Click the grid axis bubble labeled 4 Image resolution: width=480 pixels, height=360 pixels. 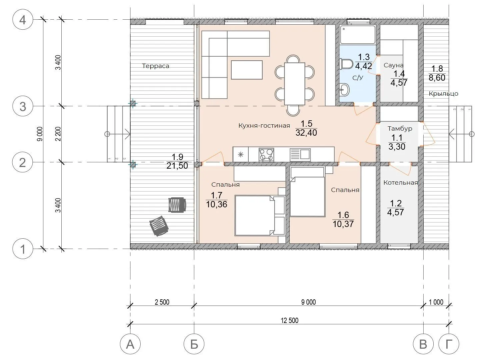coord(23,20)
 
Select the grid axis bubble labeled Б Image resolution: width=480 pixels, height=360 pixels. coord(194,344)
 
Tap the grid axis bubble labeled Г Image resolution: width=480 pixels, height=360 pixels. coord(449,344)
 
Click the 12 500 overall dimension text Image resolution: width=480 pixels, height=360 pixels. coord(290,320)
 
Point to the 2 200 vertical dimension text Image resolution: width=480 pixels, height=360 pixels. coord(58,134)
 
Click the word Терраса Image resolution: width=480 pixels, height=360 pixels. coord(155,66)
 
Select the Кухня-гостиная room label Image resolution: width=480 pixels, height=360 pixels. coord(264,126)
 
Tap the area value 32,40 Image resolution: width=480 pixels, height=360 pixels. coord(306,133)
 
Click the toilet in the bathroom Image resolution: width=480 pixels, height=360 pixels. coord(346,64)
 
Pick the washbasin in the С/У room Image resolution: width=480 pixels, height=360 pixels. coord(345,90)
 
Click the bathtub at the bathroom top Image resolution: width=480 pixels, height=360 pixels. coord(358,34)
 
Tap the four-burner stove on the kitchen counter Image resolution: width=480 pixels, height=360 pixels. coord(266,155)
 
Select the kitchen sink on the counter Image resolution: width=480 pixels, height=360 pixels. coord(300,155)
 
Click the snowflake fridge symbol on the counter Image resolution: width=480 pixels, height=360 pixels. coord(241,155)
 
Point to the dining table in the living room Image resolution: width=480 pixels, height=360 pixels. coord(295,84)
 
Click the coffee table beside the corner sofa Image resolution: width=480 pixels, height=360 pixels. coord(247,70)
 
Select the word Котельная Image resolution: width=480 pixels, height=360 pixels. coord(401,183)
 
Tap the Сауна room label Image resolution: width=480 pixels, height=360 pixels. coord(393,65)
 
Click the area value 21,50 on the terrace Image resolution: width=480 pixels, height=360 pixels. coord(177,166)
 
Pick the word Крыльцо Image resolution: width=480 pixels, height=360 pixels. coord(443,94)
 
